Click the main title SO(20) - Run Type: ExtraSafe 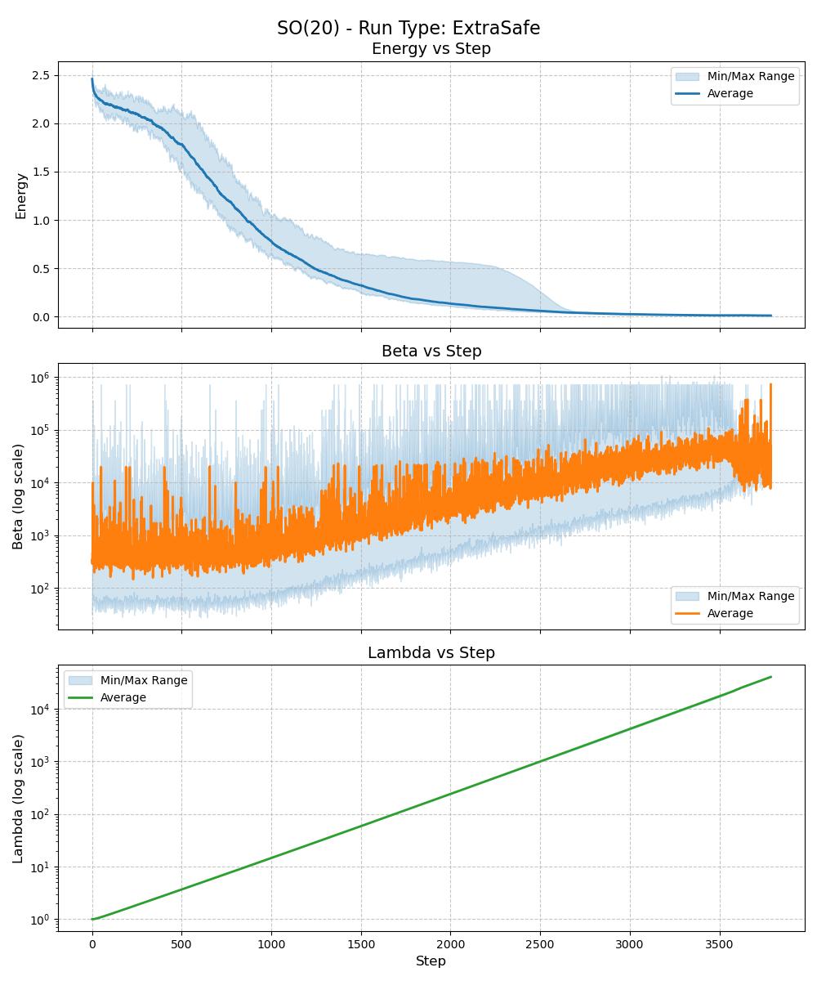(408, 28)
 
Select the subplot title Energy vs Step (431, 49)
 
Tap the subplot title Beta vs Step (431, 352)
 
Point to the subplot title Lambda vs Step (431, 653)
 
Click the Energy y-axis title (21, 195)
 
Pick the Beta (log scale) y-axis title (18, 496)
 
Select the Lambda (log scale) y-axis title (18, 798)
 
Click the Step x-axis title (431, 961)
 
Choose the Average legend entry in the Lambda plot (123, 698)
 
